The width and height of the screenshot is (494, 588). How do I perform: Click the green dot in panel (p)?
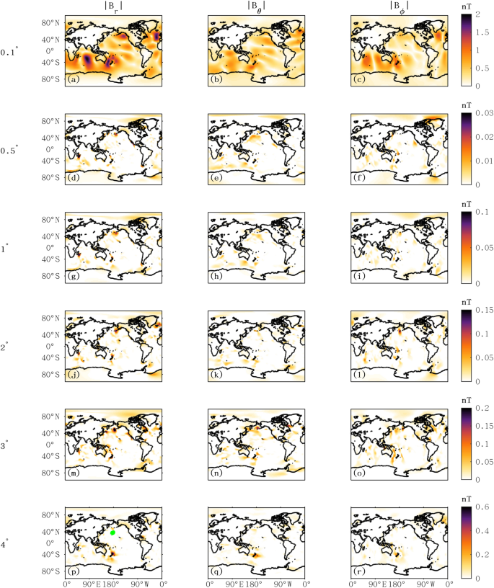tap(113, 533)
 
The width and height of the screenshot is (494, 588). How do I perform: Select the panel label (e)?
tap(214, 178)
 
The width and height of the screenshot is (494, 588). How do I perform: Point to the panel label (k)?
tap(214, 375)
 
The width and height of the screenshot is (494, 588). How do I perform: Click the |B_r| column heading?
tap(114, 9)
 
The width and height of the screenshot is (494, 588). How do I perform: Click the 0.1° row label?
tap(10, 53)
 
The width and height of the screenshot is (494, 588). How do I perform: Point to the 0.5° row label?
tap(10, 150)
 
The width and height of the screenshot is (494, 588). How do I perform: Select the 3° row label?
tap(6, 445)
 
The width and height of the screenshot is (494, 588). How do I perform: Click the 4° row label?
tap(6, 543)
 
